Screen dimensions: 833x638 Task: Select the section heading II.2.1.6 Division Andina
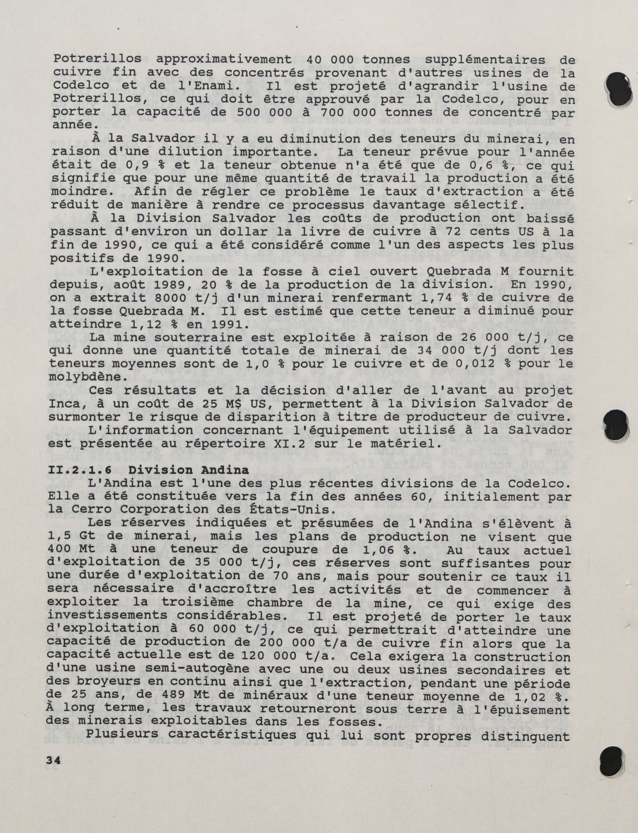148,470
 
